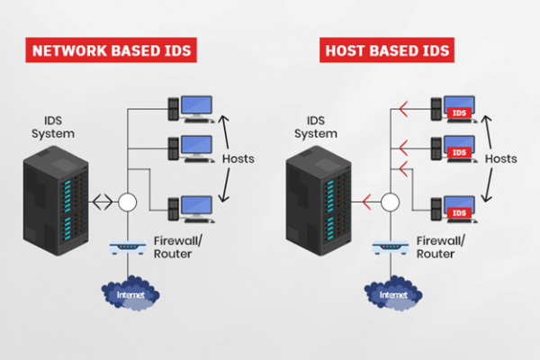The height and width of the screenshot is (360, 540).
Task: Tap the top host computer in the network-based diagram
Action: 190,108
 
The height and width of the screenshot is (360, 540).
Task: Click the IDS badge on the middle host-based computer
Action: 459,152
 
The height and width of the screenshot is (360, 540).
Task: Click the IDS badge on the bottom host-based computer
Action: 459,212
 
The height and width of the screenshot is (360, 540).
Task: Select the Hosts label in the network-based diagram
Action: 238,158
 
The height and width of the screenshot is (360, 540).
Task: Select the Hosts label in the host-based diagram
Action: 501,158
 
